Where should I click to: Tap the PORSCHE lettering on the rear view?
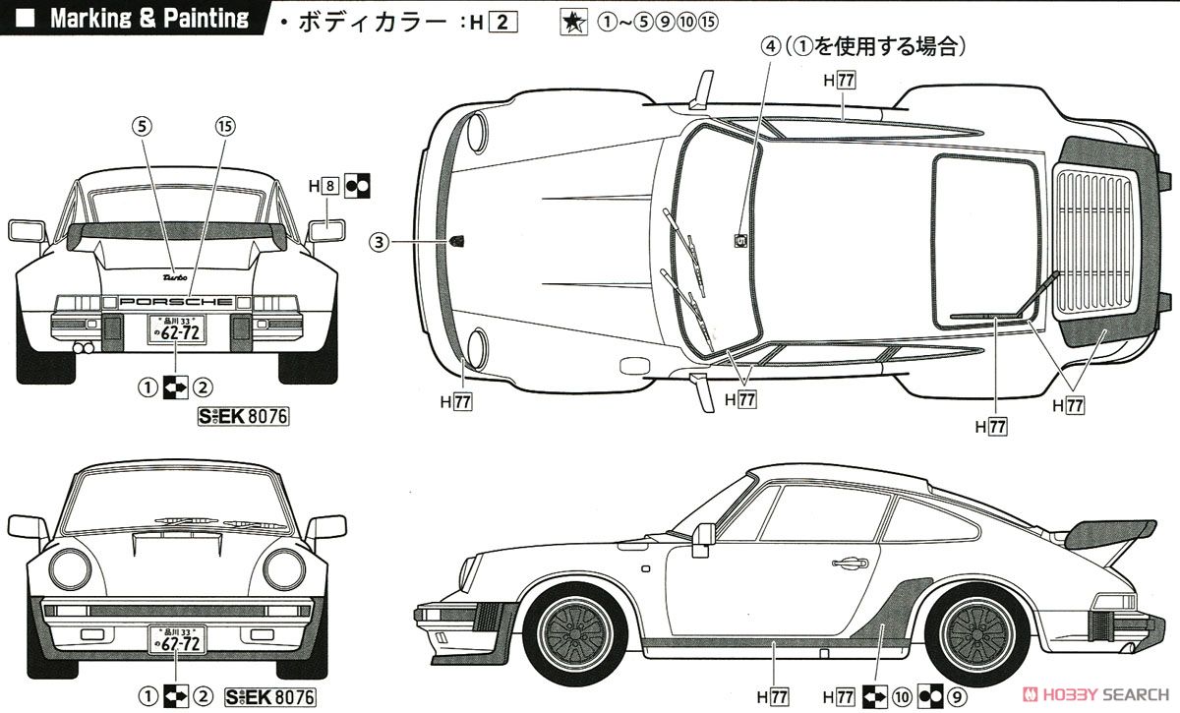(x=176, y=302)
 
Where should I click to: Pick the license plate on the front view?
(x=177, y=640)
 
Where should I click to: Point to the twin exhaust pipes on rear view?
(x=85, y=348)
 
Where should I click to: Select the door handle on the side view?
(x=847, y=564)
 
